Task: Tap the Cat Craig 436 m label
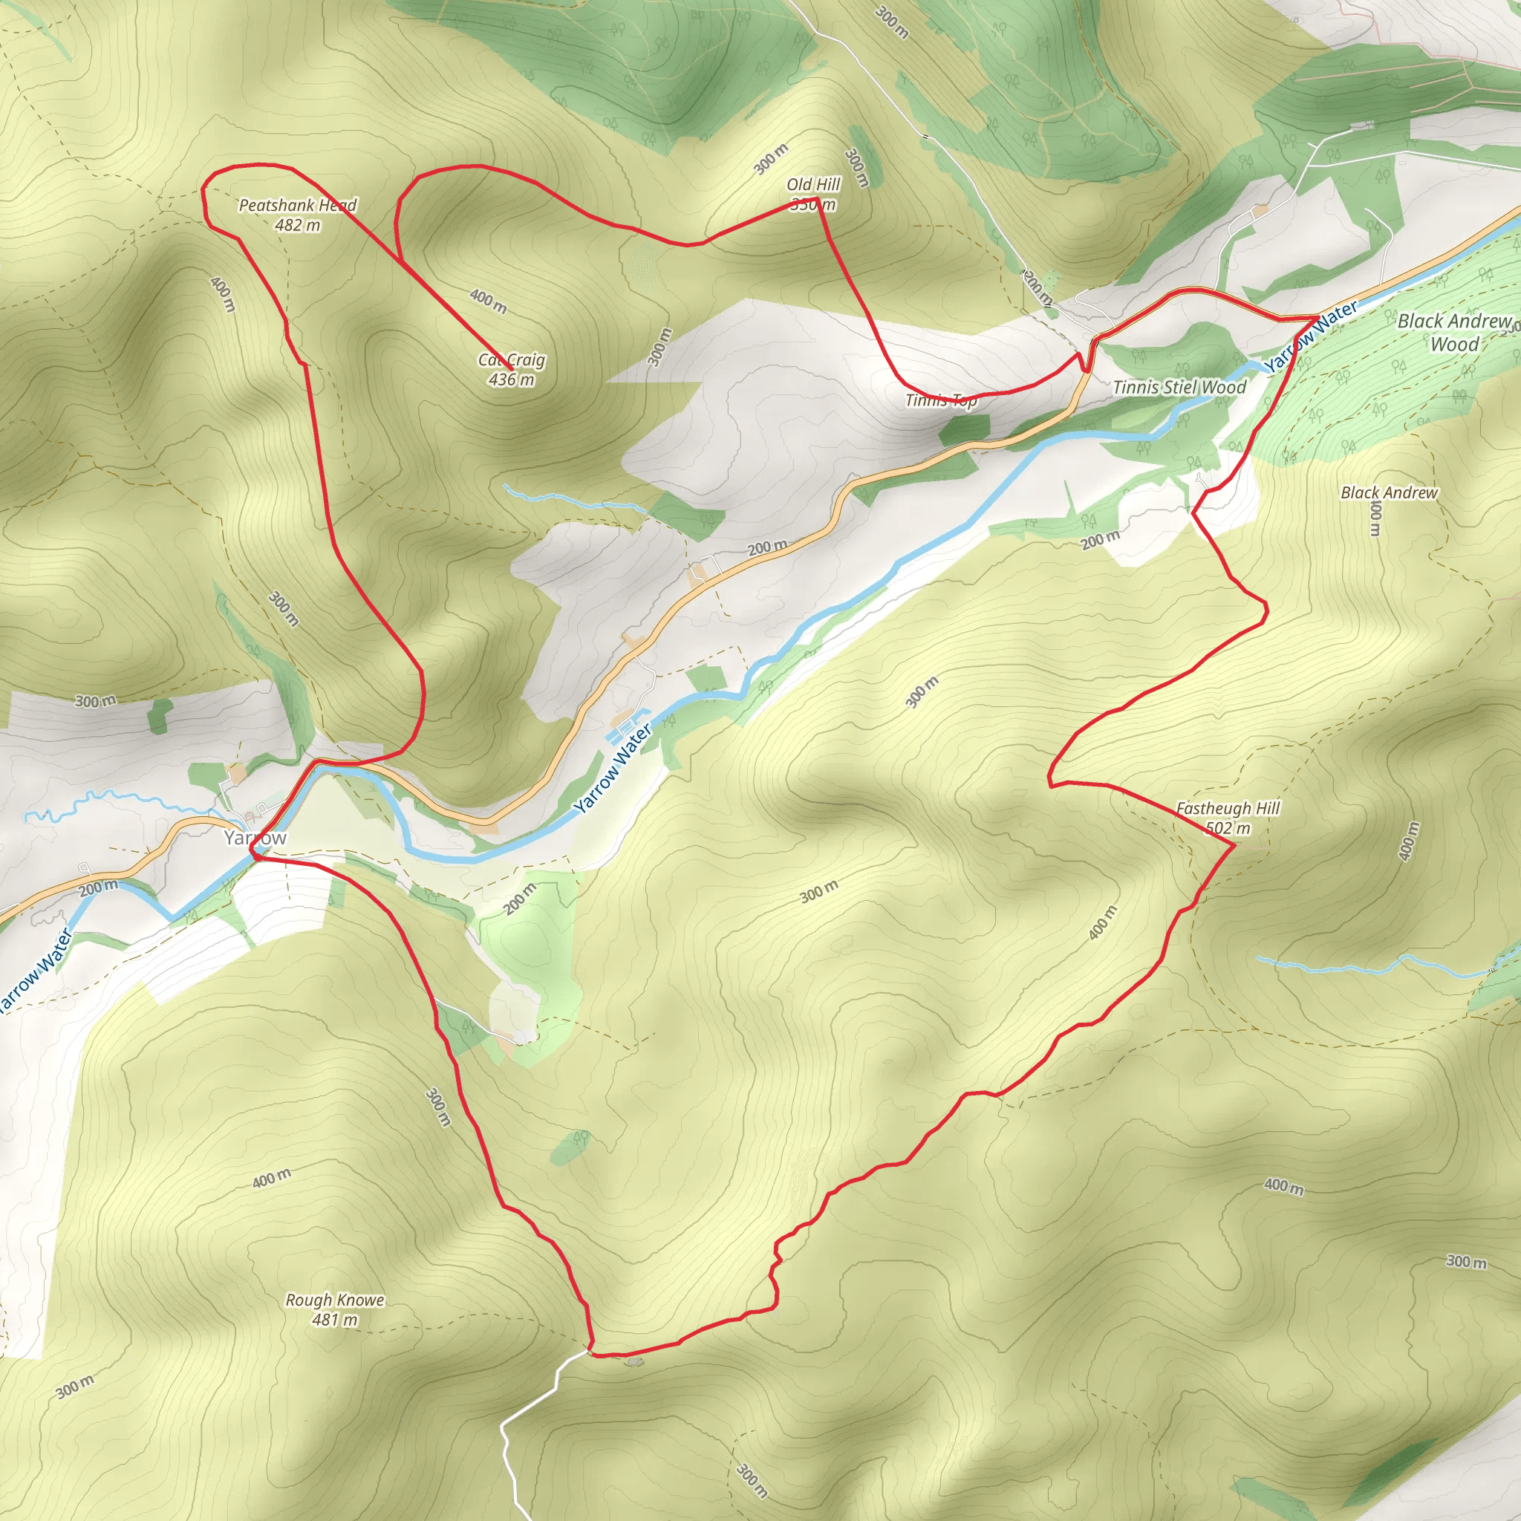(x=511, y=369)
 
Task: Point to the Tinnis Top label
(x=941, y=400)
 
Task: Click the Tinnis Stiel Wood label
(x=1179, y=386)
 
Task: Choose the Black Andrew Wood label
(x=1454, y=331)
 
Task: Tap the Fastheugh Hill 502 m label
(x=1228, y=817)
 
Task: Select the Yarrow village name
(x=255, y=838)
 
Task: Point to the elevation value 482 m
(x=298, y=225)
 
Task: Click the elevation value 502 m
(x=1228, y=828)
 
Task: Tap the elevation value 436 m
(x=511, y=380)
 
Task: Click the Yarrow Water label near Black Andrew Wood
(x=1311, y=337)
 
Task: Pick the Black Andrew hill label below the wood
(x=1389, y=493)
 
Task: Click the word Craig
(x=526, y=360)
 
